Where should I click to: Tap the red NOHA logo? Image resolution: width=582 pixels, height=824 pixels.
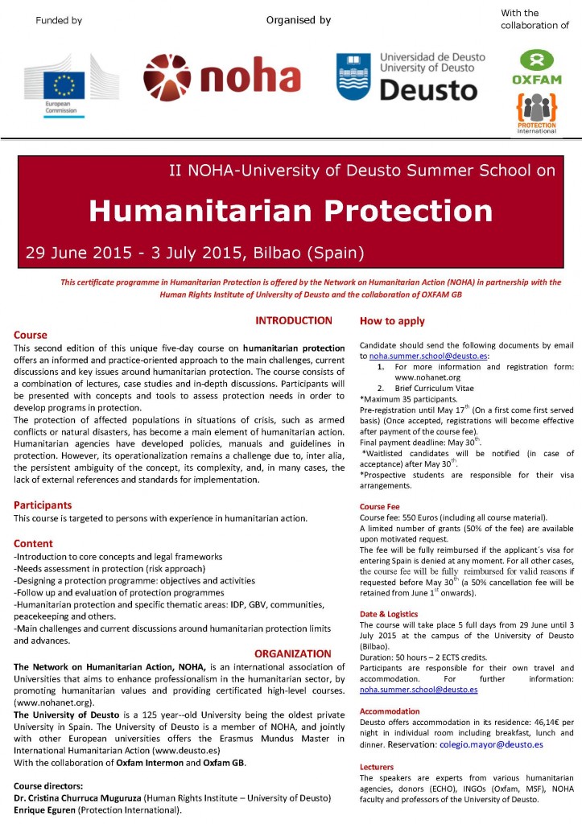pyautogui.click(x=221, y=77)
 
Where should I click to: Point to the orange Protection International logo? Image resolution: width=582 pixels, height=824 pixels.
pyautogui.click(x=536, y=113)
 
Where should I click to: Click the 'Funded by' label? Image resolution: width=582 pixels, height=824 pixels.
pyautogui.click(x=59, y=21)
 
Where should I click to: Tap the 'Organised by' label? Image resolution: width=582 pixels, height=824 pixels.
pyautogui.click(x=299, y=20)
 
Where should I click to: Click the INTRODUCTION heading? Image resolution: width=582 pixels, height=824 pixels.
pyautogui.click(x=293, y=320)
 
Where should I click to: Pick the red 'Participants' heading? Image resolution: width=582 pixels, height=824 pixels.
pyautogui.click(x=43, y=505)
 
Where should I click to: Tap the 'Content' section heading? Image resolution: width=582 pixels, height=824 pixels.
pyautogui.click(x=33, y=543)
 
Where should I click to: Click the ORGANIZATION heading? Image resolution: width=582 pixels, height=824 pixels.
pyautogui.click(x=293, y=653)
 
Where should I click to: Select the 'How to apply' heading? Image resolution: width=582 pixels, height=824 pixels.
pyautogui.click(x=392, y=321)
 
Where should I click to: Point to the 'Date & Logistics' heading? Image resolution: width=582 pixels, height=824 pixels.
pyautogui.click(x=390, y=614)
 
